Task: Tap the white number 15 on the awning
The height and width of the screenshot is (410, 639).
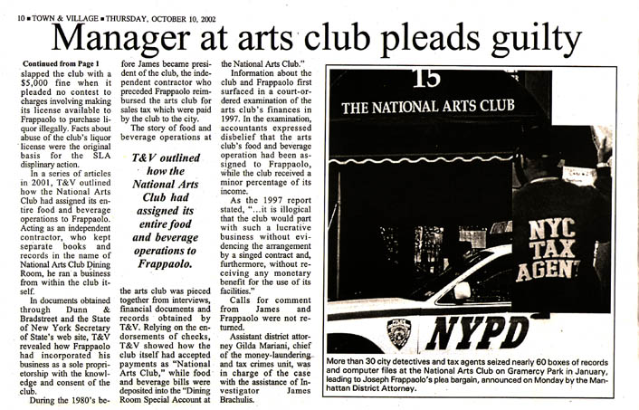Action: pos(426,79)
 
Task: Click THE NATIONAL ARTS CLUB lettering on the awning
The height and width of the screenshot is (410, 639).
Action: pos(426,106)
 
